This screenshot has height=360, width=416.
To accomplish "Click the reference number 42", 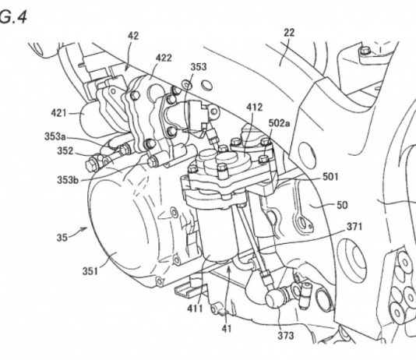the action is pos(133,36).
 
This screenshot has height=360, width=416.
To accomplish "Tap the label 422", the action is pos(164,58).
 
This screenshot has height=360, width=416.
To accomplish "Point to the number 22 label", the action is pos(289,33).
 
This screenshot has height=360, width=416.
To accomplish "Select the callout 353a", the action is pos(55,136).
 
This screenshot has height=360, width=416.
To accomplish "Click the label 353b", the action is pos(68,180).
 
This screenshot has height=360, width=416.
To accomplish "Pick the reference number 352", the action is pos(65,151).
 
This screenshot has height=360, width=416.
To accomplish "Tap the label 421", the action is pos(58,113).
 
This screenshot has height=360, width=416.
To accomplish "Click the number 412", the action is pos(255,108).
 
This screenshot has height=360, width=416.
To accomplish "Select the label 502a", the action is pos(280,123).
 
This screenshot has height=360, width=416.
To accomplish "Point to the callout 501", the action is pos(330,177).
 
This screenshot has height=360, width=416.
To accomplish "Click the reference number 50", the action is pos(342,205).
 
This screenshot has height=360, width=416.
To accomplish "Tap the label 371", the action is pos(354,227).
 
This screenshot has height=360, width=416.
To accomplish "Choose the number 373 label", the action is pos(286,336).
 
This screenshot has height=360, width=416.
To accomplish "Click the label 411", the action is pos(195,309).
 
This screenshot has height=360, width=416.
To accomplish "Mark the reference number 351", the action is pos(90,271).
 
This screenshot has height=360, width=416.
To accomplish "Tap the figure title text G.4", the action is pos(13,17).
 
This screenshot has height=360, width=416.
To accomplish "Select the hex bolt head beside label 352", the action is pos(90,165).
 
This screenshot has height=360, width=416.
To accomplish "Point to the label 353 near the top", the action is pos(199,67).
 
